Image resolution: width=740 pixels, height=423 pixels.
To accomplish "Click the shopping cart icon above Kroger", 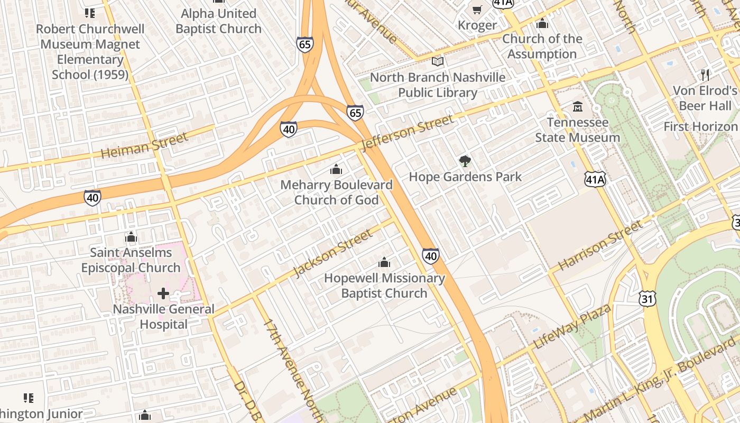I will pos(477,10).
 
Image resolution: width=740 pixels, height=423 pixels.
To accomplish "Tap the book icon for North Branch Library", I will pos(438,62).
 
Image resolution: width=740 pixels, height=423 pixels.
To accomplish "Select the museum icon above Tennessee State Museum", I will pos(578,107).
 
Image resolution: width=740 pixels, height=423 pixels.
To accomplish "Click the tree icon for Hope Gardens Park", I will pos(465,161).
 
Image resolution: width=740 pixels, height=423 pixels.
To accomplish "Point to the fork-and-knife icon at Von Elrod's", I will pos(705,75).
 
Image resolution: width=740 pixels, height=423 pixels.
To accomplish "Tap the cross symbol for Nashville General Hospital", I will pos(163,293).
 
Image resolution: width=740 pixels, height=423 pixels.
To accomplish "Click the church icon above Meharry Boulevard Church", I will pos(336,170).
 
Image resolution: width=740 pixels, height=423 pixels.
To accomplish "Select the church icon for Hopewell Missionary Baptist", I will pos(384,262).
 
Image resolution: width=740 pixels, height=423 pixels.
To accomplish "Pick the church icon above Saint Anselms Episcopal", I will pos(131,237).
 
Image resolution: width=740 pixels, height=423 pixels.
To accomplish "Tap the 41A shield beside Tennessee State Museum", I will pos(595,179).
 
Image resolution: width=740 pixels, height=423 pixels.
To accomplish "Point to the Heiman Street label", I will pos(144,145).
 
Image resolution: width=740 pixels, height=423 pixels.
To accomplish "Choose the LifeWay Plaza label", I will pos(572,326).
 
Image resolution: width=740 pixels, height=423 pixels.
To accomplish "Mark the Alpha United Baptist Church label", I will pos(218,21).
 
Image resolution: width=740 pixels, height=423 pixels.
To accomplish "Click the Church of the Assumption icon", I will pos(542,24).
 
